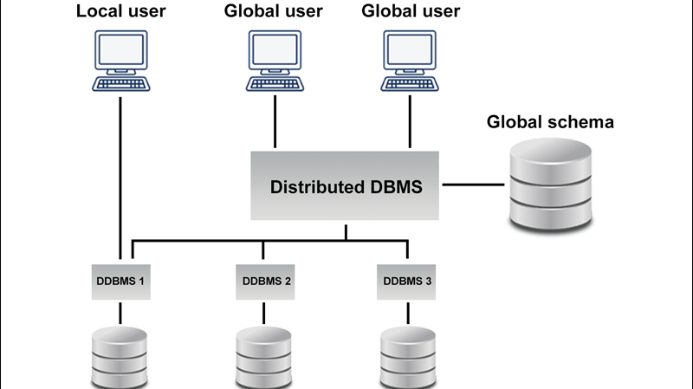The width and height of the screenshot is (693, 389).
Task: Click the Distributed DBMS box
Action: [x=346, y=186]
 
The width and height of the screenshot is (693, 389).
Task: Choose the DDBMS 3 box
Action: [x=406, y=281]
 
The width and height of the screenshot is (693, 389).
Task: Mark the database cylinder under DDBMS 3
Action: [x=407, y=357]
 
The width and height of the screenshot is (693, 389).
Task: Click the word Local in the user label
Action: [x=97, y=12]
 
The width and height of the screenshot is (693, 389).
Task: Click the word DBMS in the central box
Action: [x=397, y=187]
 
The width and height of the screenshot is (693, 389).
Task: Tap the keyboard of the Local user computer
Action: [x=121, y=84]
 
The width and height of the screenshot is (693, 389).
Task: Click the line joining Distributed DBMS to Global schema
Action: [x=472, y=185]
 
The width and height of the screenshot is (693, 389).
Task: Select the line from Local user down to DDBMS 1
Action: [x=118, y=173]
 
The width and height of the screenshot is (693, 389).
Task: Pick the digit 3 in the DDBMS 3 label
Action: [x=428, y=281]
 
